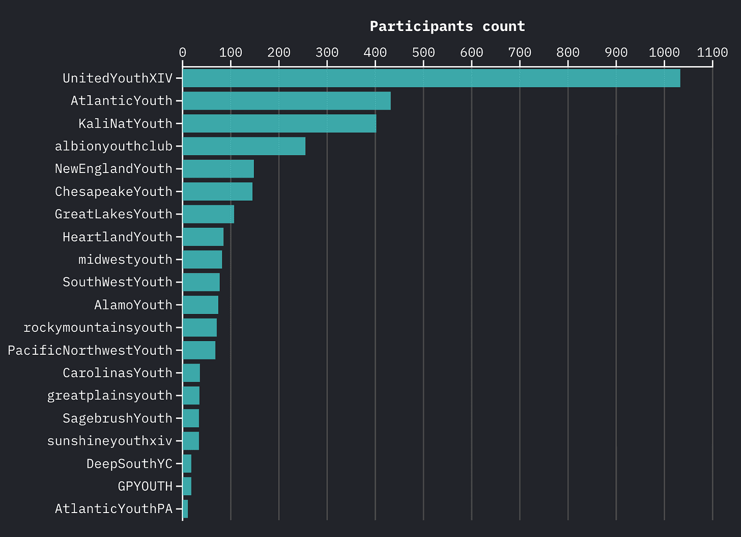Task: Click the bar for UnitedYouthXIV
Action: click(431, 78)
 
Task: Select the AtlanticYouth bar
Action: click(287, 101)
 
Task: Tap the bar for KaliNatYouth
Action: click(279, 124)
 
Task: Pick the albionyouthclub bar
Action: click(244, 146)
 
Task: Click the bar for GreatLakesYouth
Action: click(208, 214)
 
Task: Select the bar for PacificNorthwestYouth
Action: click(199, 350)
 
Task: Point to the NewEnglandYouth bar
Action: click(218, 169)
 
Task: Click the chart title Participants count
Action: click(447, 26)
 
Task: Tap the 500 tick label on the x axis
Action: click(423, 52)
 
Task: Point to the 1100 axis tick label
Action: click(712, 52)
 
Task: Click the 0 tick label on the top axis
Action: click(182, 52)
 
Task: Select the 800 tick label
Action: click(568, 52)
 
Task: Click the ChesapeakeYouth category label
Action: click(113, 192)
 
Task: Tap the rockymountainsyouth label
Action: click(98, 328)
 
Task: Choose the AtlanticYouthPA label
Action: click(113, 509)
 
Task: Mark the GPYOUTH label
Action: click(145, 487)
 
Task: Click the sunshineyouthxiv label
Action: click(109, 441)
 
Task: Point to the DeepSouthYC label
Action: click(129, 464)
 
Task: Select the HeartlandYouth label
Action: click(118, 237)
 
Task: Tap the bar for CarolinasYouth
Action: click(191, 373)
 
